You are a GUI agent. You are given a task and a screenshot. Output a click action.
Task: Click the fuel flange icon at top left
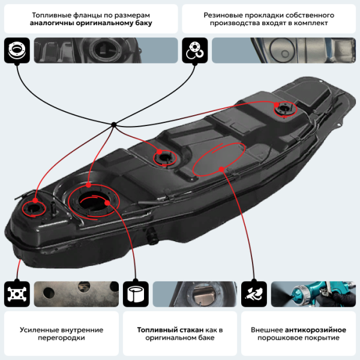[x=16, y=50]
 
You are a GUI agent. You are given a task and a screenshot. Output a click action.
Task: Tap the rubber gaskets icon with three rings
[x=194, y=50]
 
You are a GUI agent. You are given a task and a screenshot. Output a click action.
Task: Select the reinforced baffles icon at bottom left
[x=16, y=294]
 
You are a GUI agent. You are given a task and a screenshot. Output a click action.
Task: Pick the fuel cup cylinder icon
[x=135, y=294]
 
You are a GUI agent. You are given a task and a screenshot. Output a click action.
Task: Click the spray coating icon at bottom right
[x=253, y=294]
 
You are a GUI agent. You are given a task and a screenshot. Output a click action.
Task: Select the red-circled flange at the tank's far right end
[x=284, y=109]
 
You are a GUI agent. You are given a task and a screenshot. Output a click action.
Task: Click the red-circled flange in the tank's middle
[x=164, y=157]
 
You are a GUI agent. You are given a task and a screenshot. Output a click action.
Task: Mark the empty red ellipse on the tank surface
[x=218, y=159]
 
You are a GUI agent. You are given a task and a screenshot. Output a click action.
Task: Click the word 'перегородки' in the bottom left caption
[x=59, y=338]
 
